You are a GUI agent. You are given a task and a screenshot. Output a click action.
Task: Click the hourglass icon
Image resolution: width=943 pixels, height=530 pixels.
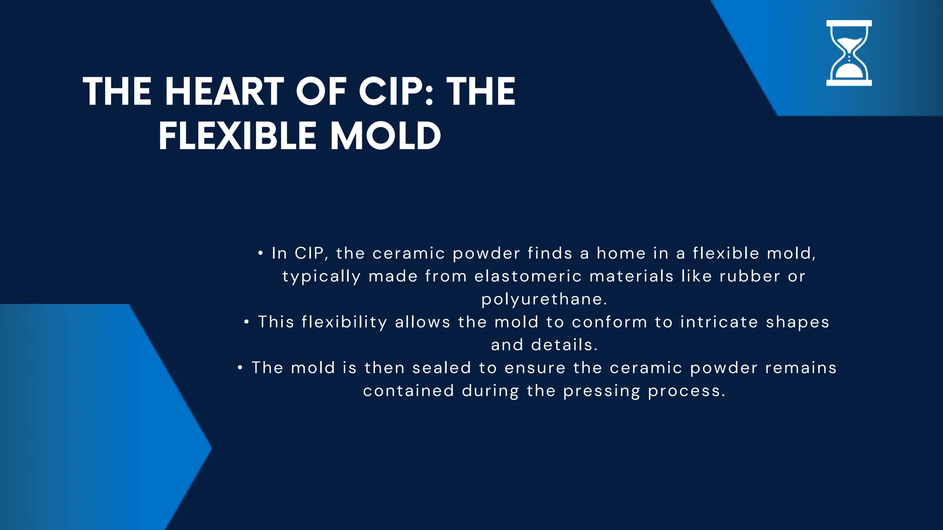(849, 53)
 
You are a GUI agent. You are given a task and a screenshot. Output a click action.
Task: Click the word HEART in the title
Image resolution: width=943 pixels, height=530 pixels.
(225, 92)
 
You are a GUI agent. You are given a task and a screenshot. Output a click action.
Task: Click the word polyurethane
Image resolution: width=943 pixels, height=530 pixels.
(544, 300)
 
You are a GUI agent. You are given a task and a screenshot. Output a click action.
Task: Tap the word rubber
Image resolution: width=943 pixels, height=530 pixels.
(750, 276)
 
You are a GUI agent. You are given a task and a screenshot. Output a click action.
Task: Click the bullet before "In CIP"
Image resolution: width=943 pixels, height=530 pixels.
(261, 253)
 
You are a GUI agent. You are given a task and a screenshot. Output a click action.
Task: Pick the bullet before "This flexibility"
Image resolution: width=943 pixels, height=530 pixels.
(247, 322)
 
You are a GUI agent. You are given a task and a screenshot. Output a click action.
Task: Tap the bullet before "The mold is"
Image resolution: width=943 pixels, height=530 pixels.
(240, 368)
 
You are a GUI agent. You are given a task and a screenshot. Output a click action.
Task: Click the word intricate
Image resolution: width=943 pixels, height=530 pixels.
(719, 322)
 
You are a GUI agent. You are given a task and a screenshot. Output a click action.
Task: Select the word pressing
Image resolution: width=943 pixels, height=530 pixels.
(601, 391)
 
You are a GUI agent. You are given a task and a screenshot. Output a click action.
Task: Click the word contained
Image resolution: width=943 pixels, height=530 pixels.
(408, 391)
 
